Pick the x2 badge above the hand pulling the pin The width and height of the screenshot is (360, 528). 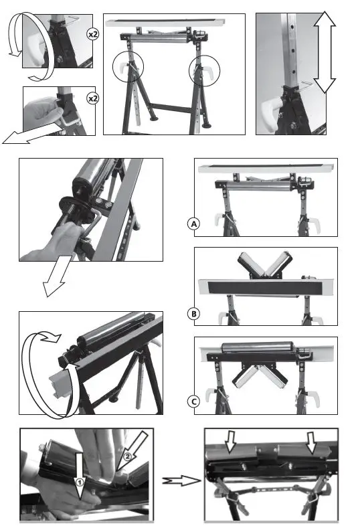pos(93,98)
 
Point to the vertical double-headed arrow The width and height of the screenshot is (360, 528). pos(325,52)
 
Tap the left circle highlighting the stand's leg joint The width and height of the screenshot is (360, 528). pos(128,68)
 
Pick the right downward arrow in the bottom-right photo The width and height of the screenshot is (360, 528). pos(310,442)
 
